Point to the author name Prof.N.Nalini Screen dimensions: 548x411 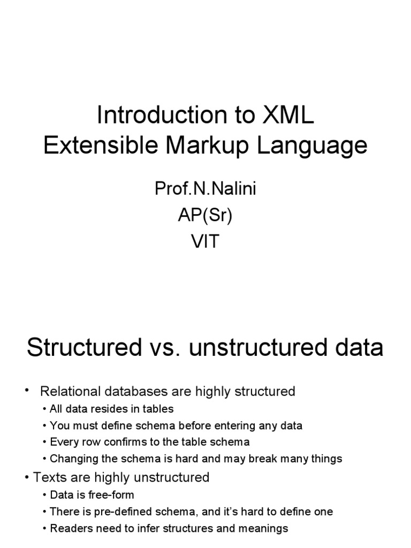[x=205, y=189]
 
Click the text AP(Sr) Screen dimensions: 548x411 [x=205, y=216]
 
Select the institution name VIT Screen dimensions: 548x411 [x=205, y=242]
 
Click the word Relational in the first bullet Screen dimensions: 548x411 [x=70, y=391]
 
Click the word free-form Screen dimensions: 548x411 [x=110, y=495]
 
